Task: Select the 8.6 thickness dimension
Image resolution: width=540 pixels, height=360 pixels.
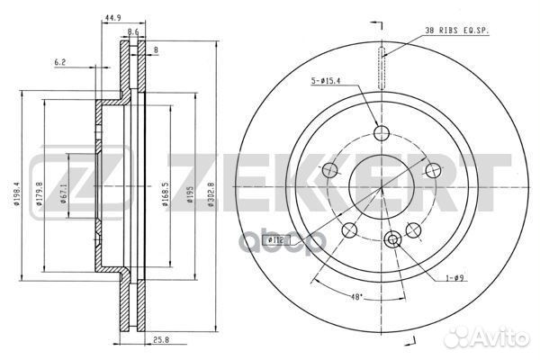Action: click(134, 31)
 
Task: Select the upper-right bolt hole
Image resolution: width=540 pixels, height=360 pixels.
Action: click(432, 168)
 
